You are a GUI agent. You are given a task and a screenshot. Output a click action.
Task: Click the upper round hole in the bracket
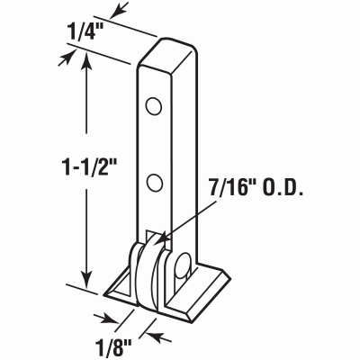point(154,106)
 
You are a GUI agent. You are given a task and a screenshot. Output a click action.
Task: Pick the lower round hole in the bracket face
point(155,183)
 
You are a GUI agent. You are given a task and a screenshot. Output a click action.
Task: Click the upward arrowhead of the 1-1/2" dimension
point(87,60)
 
